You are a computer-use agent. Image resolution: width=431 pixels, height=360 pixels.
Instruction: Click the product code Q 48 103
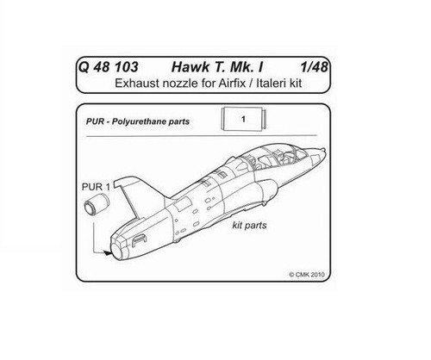point(108,67)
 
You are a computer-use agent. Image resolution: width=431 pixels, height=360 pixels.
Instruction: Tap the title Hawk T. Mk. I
point(217,67)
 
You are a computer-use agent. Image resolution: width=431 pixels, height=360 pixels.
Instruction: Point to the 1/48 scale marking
point(314,67)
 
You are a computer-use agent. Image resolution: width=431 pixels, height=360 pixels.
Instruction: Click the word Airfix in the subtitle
point(232,84)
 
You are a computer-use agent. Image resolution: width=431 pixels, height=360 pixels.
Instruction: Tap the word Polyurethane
point(140,121)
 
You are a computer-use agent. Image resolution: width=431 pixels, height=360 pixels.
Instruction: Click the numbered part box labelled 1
point(243,119)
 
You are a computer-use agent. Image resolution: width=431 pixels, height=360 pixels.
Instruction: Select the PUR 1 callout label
point(96,187)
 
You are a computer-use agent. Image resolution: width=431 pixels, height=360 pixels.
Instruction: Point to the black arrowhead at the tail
point(108,253)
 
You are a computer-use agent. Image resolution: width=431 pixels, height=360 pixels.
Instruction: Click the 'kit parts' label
point(249,226)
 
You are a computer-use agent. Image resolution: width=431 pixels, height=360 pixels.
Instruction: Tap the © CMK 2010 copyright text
point(307,275)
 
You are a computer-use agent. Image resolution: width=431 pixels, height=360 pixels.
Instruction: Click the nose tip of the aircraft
point(325,150)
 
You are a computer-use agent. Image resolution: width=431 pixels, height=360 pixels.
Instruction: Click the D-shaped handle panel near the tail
point(139,240)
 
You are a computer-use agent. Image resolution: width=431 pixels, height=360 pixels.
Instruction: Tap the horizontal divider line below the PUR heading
point(202,135)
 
